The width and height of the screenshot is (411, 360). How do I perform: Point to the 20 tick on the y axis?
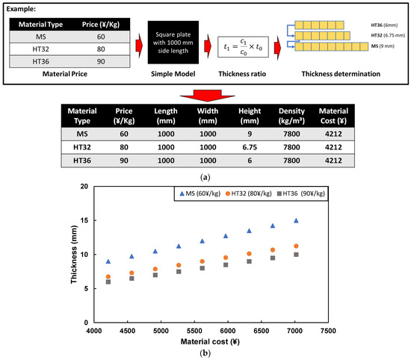point(84,187)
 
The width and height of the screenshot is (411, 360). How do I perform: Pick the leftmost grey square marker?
point(108,282)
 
